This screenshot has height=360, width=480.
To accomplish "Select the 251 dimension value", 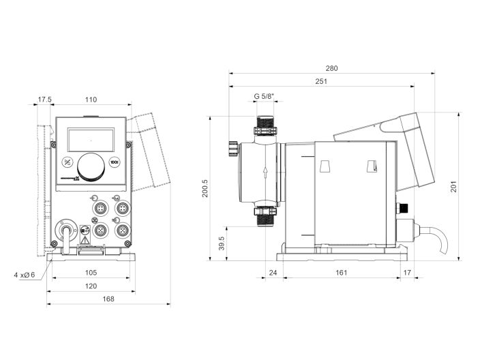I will (x=321, y=82).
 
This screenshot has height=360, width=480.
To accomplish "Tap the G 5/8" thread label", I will (x=264, y=96).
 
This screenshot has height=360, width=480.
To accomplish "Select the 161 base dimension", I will (x=342, y=273).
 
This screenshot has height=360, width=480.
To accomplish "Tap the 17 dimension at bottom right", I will (x=408, y=273).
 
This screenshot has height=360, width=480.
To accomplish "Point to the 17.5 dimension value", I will (x=44, y=100).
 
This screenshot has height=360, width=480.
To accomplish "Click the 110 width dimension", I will (x=90, y=100).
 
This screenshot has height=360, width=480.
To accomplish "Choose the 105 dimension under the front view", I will (x=91, y=273).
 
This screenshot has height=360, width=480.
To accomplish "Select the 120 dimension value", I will (x=91, y=286).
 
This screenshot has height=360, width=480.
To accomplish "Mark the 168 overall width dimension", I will (x=108, y=299).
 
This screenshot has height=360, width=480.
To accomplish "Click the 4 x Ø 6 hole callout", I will (x=23, y=275).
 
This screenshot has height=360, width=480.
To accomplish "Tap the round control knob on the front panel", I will (x=91, y=165).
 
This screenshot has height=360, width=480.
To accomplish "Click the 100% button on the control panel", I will (x=115, y=162).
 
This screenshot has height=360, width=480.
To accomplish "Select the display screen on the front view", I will (x=90, y=140).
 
